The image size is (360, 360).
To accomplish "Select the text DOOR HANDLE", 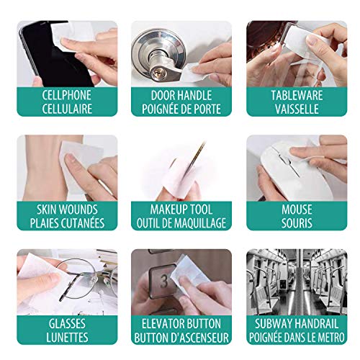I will [x=181, y=95].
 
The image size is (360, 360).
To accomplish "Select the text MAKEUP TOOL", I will [x=181, y=210].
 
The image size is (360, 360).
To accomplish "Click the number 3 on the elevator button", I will [x=163, y=278].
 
